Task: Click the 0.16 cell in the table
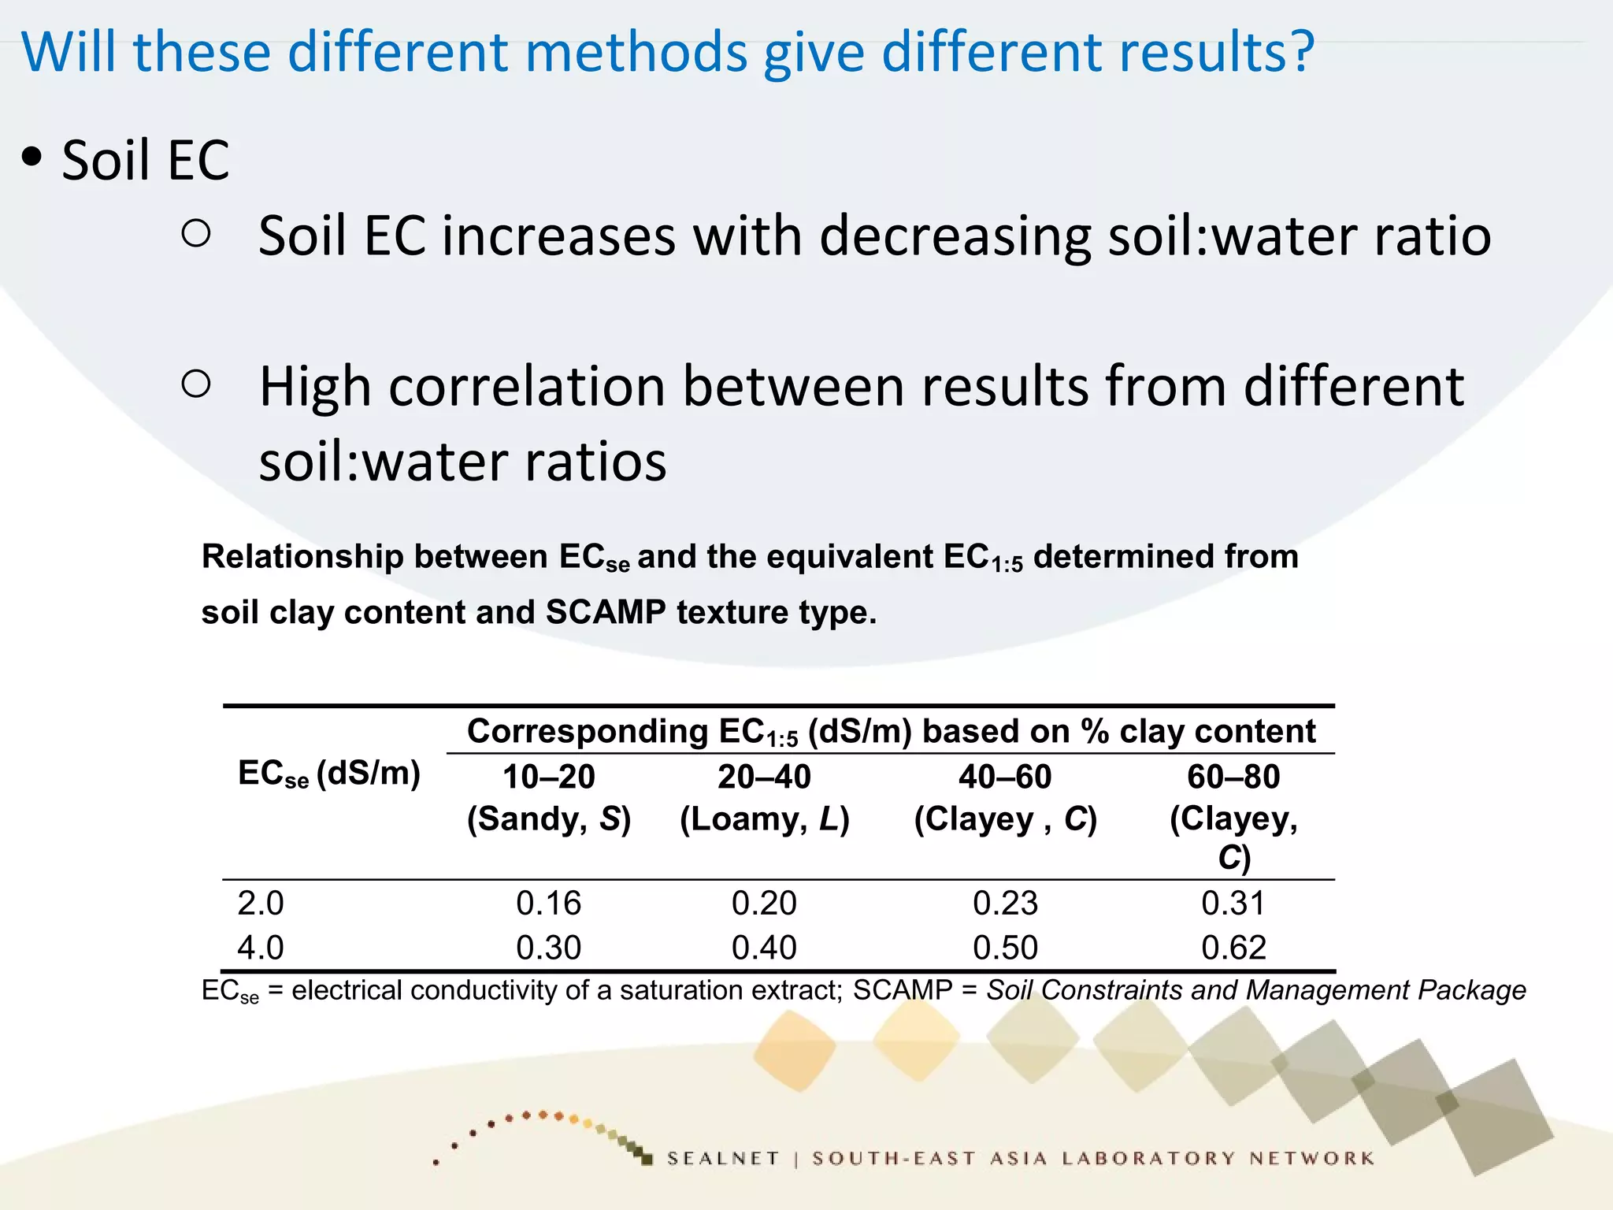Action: [548, 903]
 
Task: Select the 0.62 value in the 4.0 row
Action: [1233, 948]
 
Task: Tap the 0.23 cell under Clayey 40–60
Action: [1005, 903]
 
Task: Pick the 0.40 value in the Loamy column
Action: [764, 948]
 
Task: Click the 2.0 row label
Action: [261, 903]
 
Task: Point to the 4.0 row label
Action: [261, 948]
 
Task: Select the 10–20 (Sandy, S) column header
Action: [548, 797]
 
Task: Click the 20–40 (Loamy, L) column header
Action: [764, 797]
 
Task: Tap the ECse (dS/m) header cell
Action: [328, 774]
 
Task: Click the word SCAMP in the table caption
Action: [605, 612]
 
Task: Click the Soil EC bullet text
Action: [146, 161]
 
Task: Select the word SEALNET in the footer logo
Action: [723, 1158]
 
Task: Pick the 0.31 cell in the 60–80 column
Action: [1233, 903]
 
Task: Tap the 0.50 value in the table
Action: [1005, 948]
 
